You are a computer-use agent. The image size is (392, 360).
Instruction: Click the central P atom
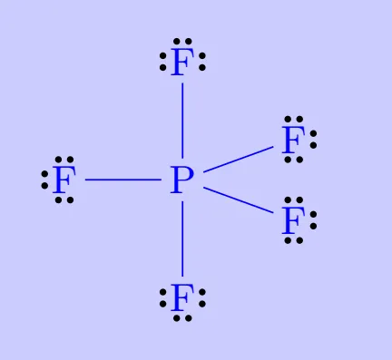pyautogui.click(x=182, y=180)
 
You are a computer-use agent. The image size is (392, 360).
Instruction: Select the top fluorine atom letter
pyautogui.click(x=182, y=63)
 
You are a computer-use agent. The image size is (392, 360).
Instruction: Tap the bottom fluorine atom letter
pyautogui.click(x=182, y=297)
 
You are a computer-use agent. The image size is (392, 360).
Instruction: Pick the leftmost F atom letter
pyautogui.click(x=63, y=180)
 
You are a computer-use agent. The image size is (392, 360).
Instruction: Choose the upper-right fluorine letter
pyautogui.click(x=291, y=140)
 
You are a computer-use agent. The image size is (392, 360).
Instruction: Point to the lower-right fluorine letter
pyautogui.click(x=291, y=220)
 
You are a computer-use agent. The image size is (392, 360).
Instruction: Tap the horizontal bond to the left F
pyautogui.click(x=122, y=180)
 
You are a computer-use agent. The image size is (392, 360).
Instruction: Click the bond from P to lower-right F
pyautogui.click(x=237, y=200)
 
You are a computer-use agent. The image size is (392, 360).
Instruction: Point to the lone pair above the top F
pyautogui.click(x=182, y=41)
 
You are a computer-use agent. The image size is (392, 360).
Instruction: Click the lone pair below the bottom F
pyautogui.click(x=182, y=318)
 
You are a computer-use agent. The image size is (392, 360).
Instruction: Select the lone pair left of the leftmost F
pyautogui.click(x=44, y=180)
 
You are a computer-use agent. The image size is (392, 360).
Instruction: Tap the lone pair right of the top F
pyautogui.click(x=202, y=63)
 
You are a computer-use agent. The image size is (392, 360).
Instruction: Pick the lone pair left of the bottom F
pyautogui.click(x=163, y=297)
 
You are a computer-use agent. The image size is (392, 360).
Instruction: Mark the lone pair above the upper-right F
pyautogui.click(x=293, y=119)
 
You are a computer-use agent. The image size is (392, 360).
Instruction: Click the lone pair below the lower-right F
pyautogui.click(x=291, y=241)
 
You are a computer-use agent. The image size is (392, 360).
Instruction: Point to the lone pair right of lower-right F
pyautogui.click(x=313, y=220)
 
